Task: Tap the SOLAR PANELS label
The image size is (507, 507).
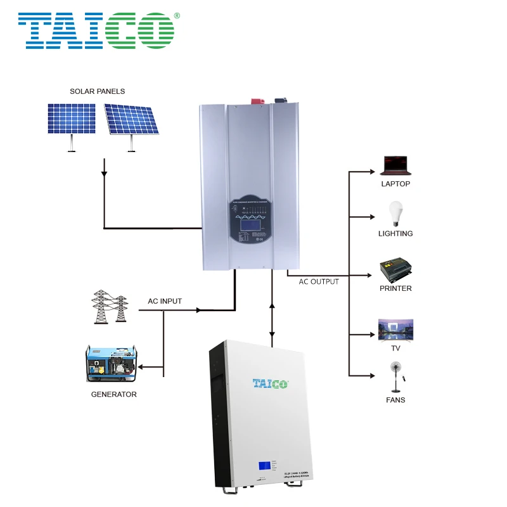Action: (97, 91)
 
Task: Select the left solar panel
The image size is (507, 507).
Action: (71, 120)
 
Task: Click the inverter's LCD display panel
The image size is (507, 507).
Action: (252, 226)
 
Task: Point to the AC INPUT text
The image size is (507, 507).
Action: (165, 301)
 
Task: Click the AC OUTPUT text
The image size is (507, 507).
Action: (319, 281)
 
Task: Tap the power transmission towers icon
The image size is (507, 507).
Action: (110, 309)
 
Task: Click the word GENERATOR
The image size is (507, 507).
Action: (113, 394)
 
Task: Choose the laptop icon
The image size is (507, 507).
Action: (395, 165)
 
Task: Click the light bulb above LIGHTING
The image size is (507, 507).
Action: (395, 214)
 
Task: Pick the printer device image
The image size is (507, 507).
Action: (395, 270)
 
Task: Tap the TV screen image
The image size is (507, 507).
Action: (395, 330)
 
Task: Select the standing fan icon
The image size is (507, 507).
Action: (395, 377)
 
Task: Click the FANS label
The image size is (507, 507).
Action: (395, 400)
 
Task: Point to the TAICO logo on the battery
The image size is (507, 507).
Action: (270, 383)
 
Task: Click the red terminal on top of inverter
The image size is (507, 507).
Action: (259, 99)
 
